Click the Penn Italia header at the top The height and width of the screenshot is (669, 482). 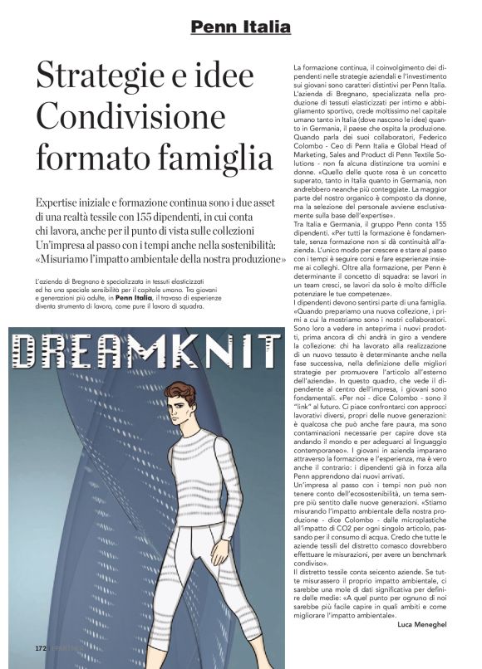(x=240, y=28)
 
